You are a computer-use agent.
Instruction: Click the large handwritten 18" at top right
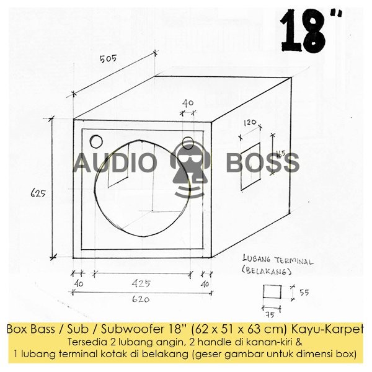[311, 30]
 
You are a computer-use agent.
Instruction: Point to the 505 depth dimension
[108, 58]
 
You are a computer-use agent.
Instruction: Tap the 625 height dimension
[38, 193]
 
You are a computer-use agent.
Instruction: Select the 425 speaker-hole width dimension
[141, 283]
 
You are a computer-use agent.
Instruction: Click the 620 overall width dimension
[141, 299]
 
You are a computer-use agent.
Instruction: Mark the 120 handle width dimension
[250, 122]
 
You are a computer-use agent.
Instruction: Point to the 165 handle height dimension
[280, 154]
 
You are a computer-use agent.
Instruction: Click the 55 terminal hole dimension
[304, 292]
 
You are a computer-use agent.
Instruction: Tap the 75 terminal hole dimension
[270, 315]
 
